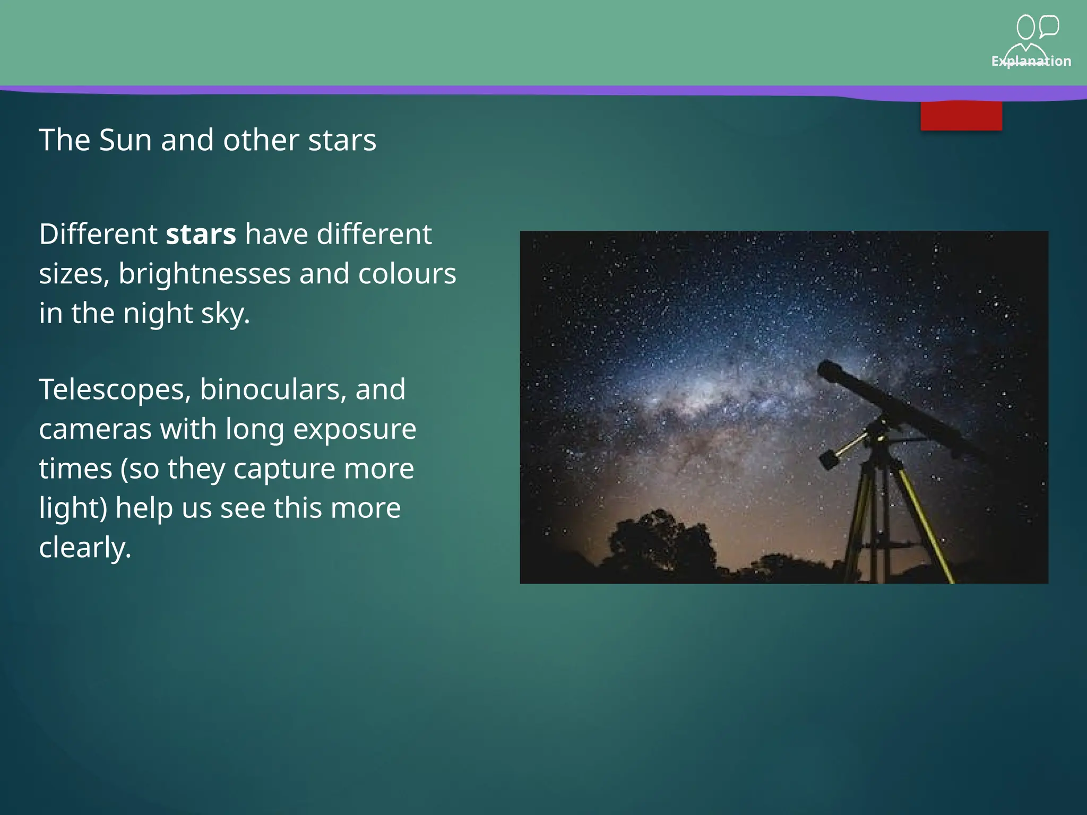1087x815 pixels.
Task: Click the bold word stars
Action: pos(201,234)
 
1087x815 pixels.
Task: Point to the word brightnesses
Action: pos(204,274)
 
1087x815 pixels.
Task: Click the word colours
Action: pos(407,274)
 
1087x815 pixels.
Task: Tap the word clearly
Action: pos(85,548)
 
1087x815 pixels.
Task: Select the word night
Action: pos(158,313)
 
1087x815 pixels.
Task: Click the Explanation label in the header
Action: pos(1031,61)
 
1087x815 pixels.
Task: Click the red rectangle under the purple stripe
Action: pos(961,116)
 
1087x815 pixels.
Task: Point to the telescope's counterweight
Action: pos(829,459)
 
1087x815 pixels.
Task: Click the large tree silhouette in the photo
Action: pos(658,541)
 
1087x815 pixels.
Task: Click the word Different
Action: pos(98,234)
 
